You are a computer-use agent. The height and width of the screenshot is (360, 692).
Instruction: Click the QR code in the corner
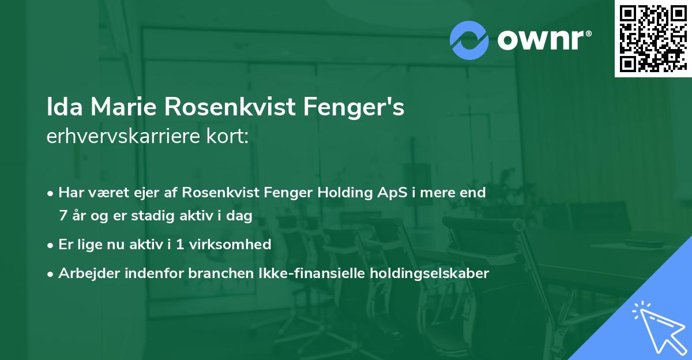[x=653, y=38]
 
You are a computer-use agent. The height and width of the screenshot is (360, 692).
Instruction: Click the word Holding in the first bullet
[x=342, y=192]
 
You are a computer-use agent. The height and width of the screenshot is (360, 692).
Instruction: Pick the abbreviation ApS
[x=392, y=192]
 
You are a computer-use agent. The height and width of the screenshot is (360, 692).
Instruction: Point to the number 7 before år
[x=62, y=216]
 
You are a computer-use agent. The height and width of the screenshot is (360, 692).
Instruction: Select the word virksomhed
[x=236, y=245]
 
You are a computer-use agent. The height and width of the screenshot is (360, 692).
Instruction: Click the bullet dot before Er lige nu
[x=51, y=245]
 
